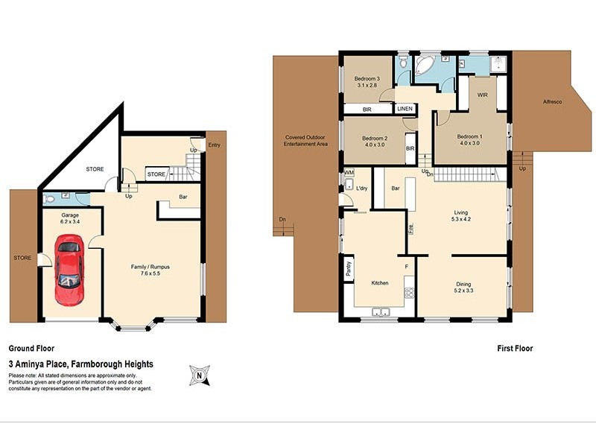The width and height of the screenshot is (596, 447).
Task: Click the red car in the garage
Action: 69,270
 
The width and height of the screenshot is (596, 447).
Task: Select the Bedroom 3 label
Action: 367,79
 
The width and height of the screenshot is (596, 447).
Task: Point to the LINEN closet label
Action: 405,110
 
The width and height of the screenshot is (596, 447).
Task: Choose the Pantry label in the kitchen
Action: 348,268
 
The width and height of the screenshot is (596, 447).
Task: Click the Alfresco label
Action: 552,101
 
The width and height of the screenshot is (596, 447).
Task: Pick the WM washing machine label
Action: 349,173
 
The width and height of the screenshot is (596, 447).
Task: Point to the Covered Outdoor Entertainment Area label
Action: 305,142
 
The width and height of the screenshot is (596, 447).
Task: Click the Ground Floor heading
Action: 31,348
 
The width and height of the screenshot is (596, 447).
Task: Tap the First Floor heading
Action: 515,348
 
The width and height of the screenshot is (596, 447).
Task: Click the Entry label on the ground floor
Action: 215,145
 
